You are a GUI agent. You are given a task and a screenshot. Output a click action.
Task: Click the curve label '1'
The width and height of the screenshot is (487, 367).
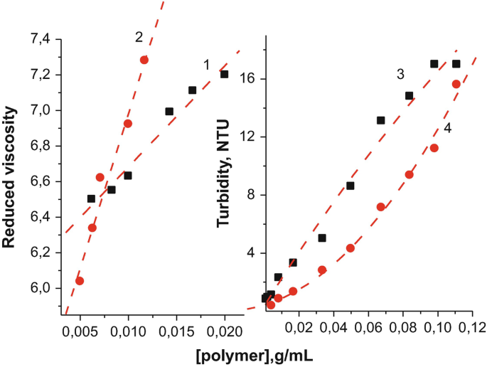click(206, 65)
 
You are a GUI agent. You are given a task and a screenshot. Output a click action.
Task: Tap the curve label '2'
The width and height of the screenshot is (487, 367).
click(139, 36)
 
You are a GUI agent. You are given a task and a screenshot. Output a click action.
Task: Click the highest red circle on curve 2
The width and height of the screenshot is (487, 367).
click(144, 60)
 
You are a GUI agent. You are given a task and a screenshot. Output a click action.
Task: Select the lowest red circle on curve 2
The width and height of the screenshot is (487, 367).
click(80, 281)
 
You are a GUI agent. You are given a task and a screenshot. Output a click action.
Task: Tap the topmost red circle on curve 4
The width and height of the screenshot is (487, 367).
click(456, 84)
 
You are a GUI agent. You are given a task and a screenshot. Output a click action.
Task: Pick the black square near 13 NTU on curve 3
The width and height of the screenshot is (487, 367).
click(380, 120)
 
